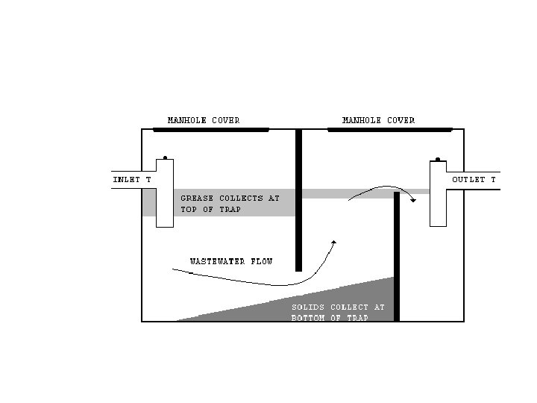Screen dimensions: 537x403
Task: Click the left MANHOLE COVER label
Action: pyautogui.click(x=203, y=120)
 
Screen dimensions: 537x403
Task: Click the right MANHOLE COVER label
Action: pyautogui.click(x=378, y=120)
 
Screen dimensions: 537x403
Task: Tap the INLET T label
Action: pyautogui.click(x=132, y=180)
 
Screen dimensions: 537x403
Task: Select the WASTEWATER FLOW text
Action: pyautogui.click(x=230, y=262)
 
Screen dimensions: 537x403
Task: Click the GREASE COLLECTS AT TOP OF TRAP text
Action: pyautogui.click(x=230, y=204)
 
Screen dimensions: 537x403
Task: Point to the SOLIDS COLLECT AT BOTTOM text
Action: pyautogui.click(x=337, y=312)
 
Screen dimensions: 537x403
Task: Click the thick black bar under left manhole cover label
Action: pyautogui.click(x=210, y=129)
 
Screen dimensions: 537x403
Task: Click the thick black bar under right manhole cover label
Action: pyautogui.click(x=389, y=129)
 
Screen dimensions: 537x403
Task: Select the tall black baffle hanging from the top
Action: pyautogui.click(x=298, y=201)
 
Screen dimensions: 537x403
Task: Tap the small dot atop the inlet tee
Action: pyautogui.click(x=165, y=157)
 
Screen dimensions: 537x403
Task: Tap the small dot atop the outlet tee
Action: pyautogui.click(x=437, y=158)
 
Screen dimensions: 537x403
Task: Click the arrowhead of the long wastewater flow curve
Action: pyautogui.click(x=334, y=242)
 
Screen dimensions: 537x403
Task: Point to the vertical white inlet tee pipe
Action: pyautogui.click(x=165, y=193)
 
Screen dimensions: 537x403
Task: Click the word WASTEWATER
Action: pyautogui.click(x=216, y=262)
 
